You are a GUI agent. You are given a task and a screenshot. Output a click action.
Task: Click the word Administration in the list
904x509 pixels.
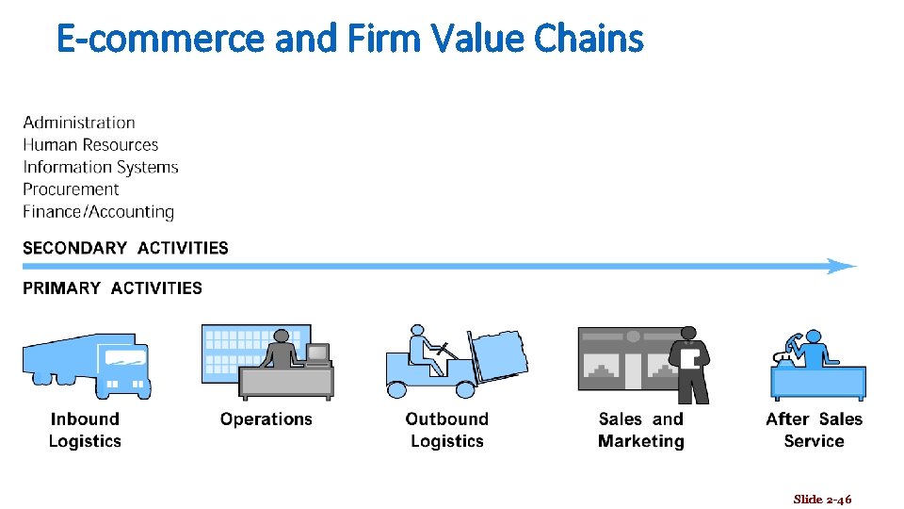pos(79,123)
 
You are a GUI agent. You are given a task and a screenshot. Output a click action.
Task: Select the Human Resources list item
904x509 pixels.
pos(90,145)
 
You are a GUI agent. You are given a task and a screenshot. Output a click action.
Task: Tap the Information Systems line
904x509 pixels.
pos(101,168)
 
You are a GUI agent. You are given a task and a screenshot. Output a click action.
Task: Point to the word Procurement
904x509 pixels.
pos(71,189)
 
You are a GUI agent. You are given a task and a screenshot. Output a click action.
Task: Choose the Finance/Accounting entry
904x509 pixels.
pos(99,212)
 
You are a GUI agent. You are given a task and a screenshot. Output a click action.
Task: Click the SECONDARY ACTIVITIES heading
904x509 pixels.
pos(125,248)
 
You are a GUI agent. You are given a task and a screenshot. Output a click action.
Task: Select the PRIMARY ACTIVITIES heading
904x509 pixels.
pos(112,288)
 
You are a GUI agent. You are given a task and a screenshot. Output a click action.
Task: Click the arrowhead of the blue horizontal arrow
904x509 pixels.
pos(842,267)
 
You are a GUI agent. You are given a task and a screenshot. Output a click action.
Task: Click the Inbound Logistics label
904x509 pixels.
pos(85,430)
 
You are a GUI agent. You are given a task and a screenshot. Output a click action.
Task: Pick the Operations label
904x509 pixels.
pos(266,419)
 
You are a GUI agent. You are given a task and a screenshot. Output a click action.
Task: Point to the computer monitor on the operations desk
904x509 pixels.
pos(318,354)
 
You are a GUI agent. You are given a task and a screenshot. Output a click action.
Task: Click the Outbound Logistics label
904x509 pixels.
pos(447,430)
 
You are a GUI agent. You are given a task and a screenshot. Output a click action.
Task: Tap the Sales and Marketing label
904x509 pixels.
pos(641,430)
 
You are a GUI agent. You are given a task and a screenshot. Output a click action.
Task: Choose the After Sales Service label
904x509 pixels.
pos(815,430)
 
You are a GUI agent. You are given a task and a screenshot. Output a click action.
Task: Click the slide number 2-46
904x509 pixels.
pos(822,499)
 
